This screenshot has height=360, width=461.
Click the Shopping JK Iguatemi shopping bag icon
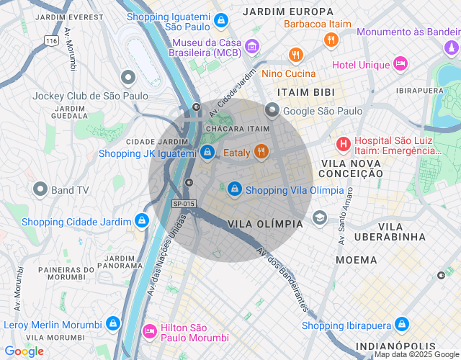tap(207, 152)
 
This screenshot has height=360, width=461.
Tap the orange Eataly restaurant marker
tap(261, 152)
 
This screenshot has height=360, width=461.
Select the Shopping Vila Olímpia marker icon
tap(234, 189)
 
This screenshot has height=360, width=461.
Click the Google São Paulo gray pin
tap(272, 110)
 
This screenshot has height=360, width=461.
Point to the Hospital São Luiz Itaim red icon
tap(344, 144)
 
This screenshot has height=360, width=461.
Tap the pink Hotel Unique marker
tap(401, 65)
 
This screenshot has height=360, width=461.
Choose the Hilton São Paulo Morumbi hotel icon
tap(150, 330)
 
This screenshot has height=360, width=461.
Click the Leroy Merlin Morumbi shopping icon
tap(113, 324)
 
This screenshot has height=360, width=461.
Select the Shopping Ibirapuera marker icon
tap(402, 325)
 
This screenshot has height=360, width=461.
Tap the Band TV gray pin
tap(40, 189)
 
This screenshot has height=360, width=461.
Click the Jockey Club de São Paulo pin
tap(128, 77)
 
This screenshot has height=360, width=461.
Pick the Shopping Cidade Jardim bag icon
tap(143, 220)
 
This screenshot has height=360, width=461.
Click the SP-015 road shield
tap(184, 204)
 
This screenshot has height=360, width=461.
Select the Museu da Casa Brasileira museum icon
tap(251, 47)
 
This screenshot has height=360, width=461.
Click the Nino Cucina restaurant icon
tap(295, 55)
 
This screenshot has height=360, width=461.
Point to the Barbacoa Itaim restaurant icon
tap(331, 40)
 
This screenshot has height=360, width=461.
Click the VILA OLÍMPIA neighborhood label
tap(265, 224)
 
